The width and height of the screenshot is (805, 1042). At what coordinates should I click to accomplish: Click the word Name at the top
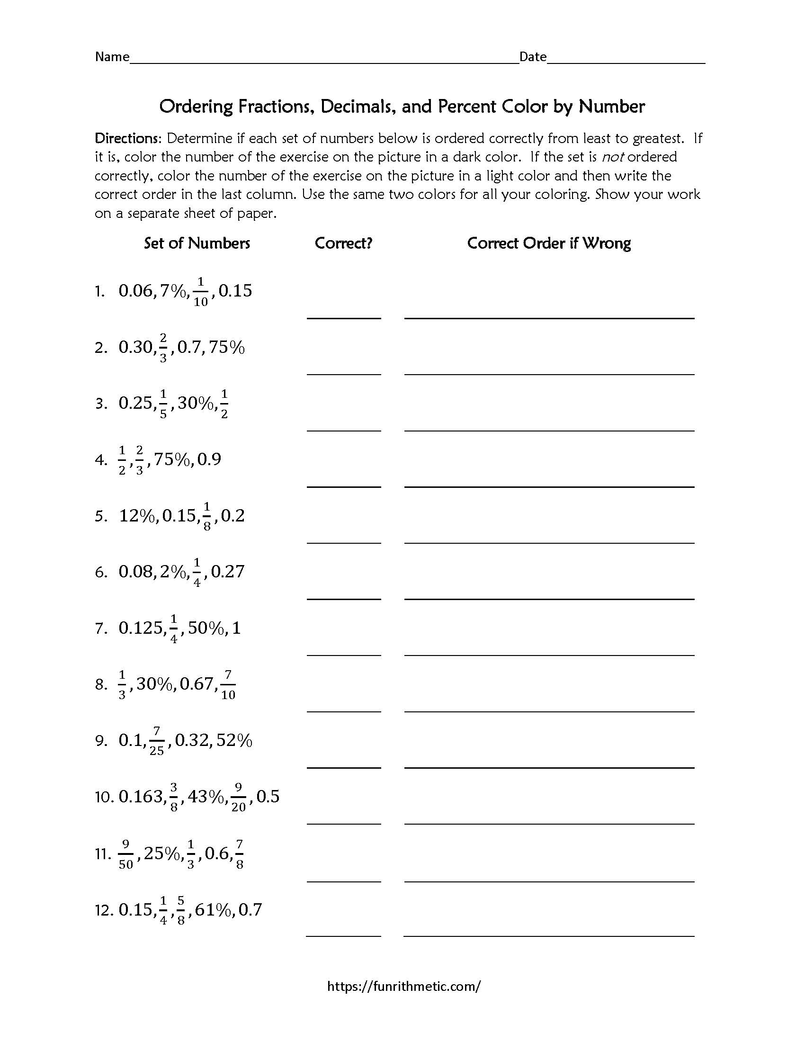point(112,57)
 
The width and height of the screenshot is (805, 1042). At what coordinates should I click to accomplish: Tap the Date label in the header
point(533,57)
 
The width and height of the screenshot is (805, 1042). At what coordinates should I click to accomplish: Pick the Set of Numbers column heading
point(197,243)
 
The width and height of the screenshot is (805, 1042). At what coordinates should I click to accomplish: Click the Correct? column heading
point(343,243)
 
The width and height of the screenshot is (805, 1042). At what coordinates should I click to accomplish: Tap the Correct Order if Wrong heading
point(549,243)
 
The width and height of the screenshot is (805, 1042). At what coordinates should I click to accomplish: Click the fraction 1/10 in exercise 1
point(201,291)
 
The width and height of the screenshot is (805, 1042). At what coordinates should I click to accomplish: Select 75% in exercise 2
point(226,347)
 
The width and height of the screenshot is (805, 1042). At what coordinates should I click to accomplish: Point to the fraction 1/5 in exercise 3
point(163,404)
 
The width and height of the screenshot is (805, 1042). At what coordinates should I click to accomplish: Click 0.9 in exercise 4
point(209,459)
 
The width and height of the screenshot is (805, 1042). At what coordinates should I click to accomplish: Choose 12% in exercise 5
point(137,516)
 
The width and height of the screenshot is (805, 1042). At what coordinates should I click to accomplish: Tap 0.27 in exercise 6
point(227,572)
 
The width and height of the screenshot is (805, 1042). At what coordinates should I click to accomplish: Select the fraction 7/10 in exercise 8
point(228,685)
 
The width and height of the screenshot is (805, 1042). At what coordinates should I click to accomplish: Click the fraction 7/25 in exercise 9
point(156,741)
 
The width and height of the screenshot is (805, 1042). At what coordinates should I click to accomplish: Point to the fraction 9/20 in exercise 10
point(239,797)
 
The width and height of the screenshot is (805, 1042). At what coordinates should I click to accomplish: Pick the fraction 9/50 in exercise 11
point(126,854)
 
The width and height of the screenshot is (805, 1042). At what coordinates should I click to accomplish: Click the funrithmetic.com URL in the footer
point(404,986)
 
